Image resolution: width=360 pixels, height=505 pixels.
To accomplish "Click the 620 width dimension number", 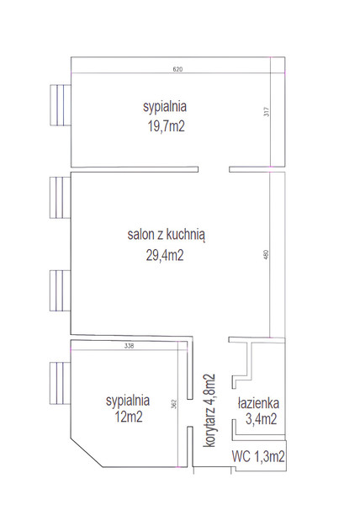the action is point(177,69).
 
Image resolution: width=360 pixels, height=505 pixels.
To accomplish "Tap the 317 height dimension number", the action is point(267,111).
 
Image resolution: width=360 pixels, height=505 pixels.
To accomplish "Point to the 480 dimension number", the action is point(266,255).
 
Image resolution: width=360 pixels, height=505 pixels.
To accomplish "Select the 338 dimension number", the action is point(129,347).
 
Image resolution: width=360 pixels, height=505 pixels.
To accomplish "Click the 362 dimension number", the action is point(174,404).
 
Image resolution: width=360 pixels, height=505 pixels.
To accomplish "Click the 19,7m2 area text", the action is point(166,126).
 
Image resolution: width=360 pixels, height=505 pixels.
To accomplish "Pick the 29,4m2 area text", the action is point(165,255).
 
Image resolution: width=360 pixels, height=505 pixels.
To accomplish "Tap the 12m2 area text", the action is point(129,417).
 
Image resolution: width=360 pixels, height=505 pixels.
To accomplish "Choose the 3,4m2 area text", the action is point(261,419).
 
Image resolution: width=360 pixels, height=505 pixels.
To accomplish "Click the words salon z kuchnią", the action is point(167,235).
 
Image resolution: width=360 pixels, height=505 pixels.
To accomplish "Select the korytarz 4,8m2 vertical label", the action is point(209,411).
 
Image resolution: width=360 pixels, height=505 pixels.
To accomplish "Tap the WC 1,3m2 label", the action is point(258,456).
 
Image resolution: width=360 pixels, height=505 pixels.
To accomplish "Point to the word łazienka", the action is point(258,403).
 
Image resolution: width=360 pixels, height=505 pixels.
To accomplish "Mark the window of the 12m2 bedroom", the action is point(61,383).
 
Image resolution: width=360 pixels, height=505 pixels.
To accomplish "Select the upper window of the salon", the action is point(61,198).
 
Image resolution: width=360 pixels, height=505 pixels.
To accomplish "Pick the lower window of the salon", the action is point(61,290).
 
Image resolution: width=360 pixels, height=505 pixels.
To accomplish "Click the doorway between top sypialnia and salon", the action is point(214,169).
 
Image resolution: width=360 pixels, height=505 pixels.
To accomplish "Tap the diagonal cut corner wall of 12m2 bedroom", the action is point(87,452).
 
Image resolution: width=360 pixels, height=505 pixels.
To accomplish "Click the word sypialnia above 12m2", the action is point(128,401).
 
